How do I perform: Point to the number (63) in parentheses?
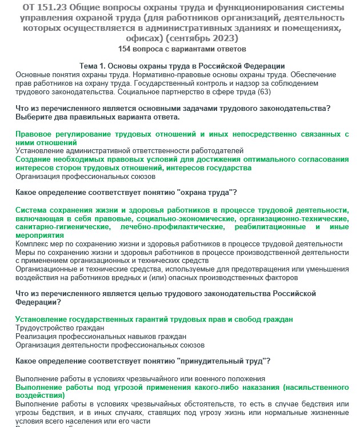264,91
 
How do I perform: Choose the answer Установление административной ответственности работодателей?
129,150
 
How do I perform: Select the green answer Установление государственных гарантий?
154,319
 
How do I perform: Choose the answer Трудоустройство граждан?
59,328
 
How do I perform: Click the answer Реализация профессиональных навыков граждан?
101,337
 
